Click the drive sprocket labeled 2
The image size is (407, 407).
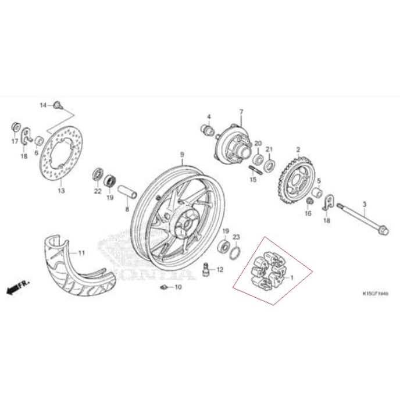[x=297, y=178]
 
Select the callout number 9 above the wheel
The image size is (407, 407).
[x=181, y=155]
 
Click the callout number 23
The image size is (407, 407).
[x=236, y=237]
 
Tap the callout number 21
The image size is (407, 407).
[x=269, y=149]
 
